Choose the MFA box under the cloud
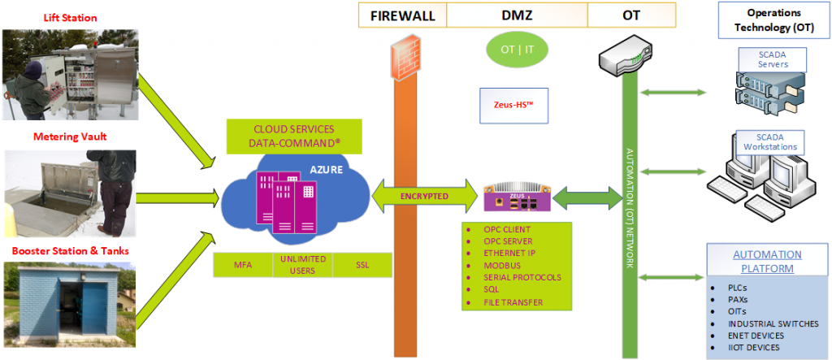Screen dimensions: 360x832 click(x=240, y=265)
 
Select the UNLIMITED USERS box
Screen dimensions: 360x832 click(x=302, y=265)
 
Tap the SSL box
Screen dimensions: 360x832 click(x=362, y=265)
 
